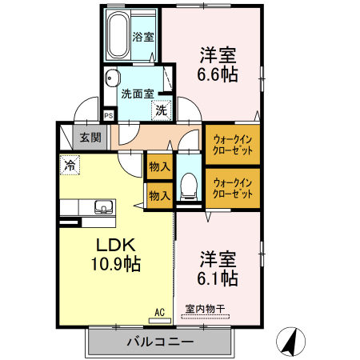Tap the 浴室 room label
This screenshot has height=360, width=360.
tap(143, 37)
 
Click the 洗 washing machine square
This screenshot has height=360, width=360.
tap(162, 110)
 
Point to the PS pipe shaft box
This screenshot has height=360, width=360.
tap(109, 116)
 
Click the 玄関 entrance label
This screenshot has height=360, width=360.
tap(90, 138)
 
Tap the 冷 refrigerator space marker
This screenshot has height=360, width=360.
tap(70, 165)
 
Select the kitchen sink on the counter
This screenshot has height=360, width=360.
tap(104, 207)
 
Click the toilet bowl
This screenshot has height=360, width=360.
tap(189, 186)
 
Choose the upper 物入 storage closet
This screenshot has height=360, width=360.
tap(160, 166)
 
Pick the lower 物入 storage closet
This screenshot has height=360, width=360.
tap(160, 196)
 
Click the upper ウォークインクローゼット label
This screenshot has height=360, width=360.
tap(233, 145)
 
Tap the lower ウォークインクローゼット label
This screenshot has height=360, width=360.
tap(233, 188)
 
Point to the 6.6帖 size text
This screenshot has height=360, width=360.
tap(218, 74)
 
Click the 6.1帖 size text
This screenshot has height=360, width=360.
tap(218, 278)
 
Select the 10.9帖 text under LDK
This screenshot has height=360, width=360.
tap(116, 264)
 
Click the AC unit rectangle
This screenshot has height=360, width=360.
tap(160, 321)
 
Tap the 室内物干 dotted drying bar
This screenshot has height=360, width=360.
tap(206, 317)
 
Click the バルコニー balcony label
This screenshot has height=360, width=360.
tap(160, 342)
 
